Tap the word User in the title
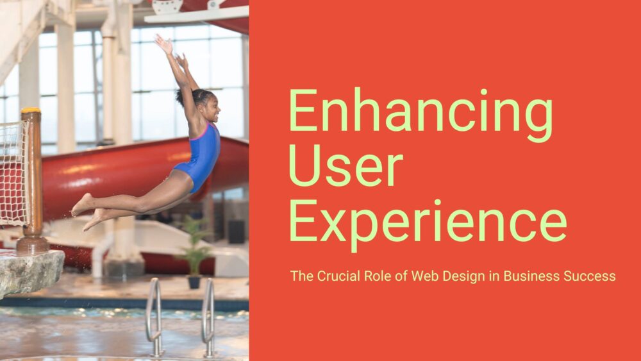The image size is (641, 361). [x=345, y=167]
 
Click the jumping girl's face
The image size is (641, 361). [x=210, y=106]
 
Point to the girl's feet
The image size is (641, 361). [x=87, y=212]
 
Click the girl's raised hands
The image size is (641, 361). [x=168, y=47]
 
